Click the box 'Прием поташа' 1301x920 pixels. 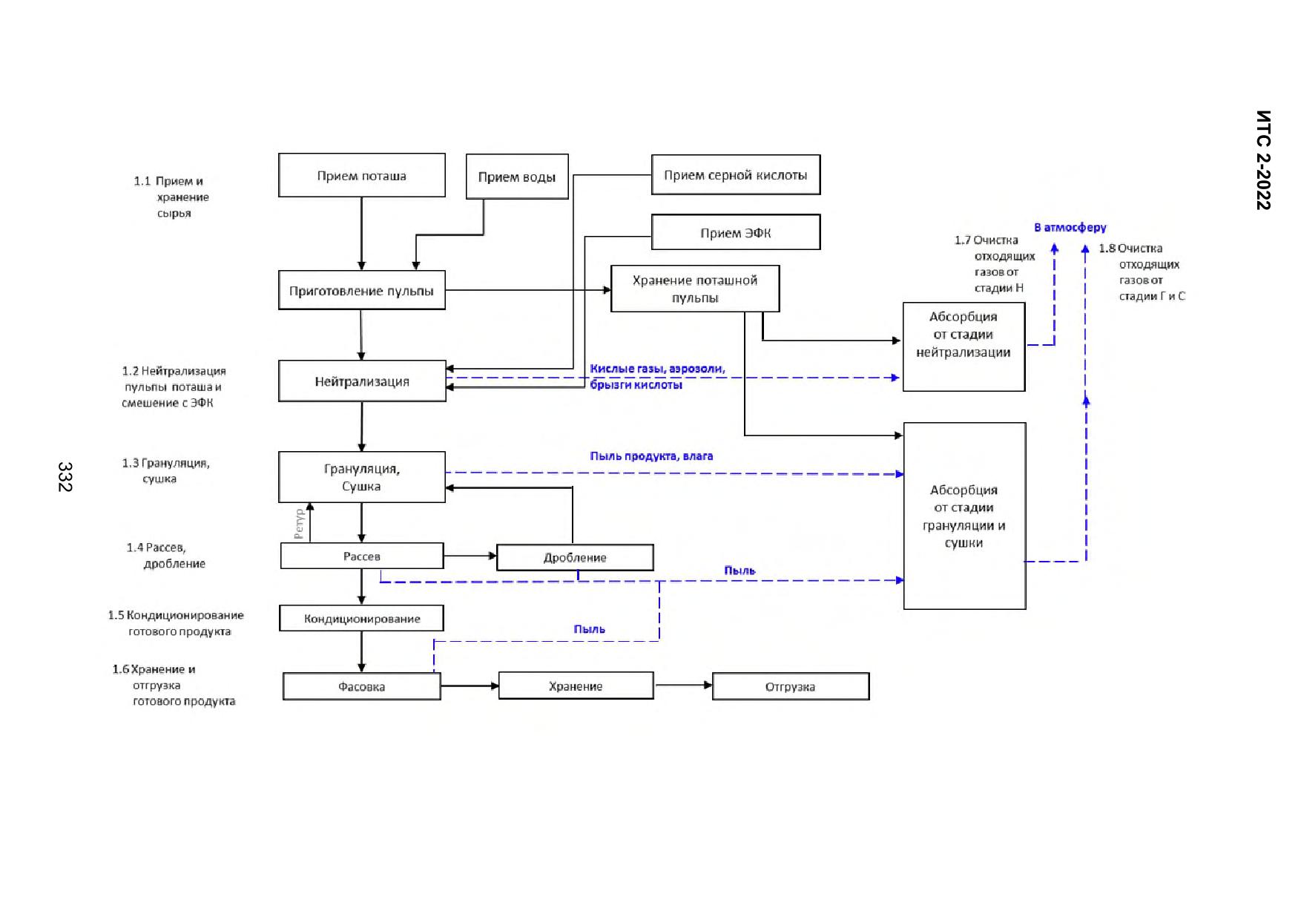(x=362, y=175)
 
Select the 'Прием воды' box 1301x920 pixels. (x=517, y=177)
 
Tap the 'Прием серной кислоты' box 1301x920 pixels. (x=736, y=175)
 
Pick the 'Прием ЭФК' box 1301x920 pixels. (x=736, y=232)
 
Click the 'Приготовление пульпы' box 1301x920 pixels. (x=362, y=290)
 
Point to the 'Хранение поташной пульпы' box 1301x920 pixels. (x=695, y=289)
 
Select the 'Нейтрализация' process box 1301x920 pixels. (x=362, y=381)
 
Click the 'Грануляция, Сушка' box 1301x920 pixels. (x=362, y=477)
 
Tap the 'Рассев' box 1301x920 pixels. (x=362, y=556)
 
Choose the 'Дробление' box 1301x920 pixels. (x=575, y=557)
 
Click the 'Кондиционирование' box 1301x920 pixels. (x=362, y=618)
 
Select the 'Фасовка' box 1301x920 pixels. (x=362, y=686)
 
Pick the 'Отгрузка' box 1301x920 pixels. (x=791, y=686)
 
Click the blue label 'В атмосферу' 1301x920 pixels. (x=1070, y=227)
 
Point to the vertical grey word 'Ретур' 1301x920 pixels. (x=299, y=523)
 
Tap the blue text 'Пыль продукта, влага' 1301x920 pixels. (x=651, y=456)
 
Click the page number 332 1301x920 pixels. (x=65, y=476)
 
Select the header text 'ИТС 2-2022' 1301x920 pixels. (x=1264, y=160)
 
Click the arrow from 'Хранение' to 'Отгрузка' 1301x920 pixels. (x=683, y=686)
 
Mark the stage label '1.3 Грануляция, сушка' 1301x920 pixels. (x=166, y=470)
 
